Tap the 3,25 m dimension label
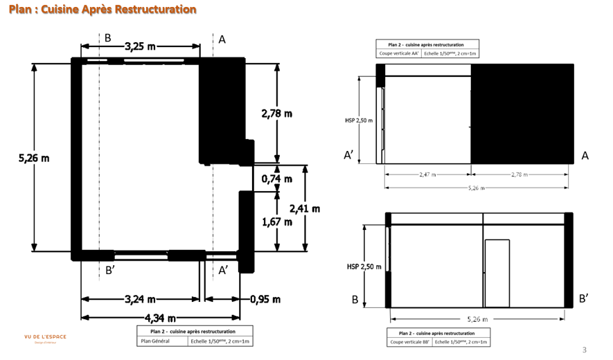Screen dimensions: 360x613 (x=140, y=46)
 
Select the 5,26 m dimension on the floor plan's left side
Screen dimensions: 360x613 (x=34, y=158)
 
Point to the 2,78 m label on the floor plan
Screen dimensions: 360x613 (x=276, y=113)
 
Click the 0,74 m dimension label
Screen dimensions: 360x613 (x=276, y=179)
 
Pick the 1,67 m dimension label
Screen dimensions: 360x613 (x=276, y=222)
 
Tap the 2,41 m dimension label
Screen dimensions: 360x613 (x=305, y=208)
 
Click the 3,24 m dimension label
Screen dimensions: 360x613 (x=140, y=299)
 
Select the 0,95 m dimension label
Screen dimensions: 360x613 (x=265, y=299)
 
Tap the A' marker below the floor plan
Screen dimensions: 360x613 (x=223, y=270)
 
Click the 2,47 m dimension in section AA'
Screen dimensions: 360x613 (x=427, y=175)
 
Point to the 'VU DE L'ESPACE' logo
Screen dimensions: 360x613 (x=45, y=337)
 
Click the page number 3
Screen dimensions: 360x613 (x=584, y=350)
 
